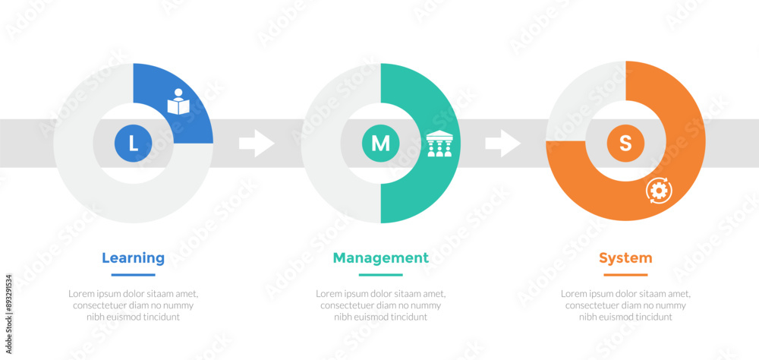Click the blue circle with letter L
(133, 143)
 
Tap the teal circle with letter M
(380, 143)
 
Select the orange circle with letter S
(625, 143)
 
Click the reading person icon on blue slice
(178, 103)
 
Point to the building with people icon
(439, 144)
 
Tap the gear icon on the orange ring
(657, 190)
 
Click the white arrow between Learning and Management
(257, 143)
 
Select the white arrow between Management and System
(503, 143)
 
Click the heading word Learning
(133, 257)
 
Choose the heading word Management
(380, 257)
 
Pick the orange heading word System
(625, 257)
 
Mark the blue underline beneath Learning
(133, 275)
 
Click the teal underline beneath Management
(380, 275)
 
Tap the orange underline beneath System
(625, 275)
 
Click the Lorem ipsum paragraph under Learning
(133, 305)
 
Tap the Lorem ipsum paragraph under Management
(380, 305)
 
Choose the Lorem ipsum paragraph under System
(625, 305)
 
